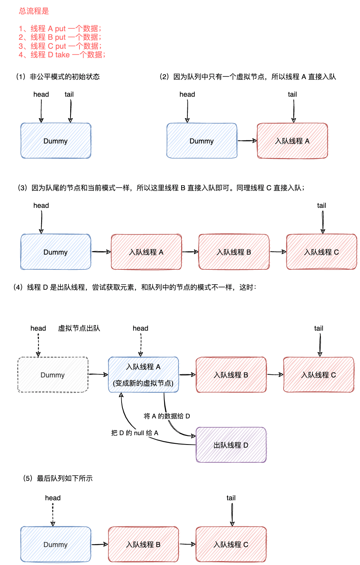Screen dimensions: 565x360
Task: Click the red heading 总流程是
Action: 34,11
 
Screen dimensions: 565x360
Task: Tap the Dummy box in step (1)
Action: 56,141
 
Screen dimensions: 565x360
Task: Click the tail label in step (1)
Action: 69,94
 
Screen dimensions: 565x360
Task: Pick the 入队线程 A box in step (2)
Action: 292,141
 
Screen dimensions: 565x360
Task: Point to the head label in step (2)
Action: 187,94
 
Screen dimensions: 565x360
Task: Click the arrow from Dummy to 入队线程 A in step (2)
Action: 247,141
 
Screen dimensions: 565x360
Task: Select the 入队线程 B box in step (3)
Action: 234,252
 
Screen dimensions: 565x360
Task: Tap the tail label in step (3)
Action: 321,205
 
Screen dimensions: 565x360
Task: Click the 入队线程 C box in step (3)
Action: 321,252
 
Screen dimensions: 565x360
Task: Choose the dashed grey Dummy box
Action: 53,375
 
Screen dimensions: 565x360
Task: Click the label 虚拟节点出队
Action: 79,328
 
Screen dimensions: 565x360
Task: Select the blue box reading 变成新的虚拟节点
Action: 143,375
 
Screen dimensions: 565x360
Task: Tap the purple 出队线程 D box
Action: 231,445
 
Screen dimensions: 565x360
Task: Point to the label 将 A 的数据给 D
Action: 167,416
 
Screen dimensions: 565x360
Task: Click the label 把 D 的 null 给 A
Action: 134,433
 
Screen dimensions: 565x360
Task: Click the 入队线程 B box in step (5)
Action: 143,544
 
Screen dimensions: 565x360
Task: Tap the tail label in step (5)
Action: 231,498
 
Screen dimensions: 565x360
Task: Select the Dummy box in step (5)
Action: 56,544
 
